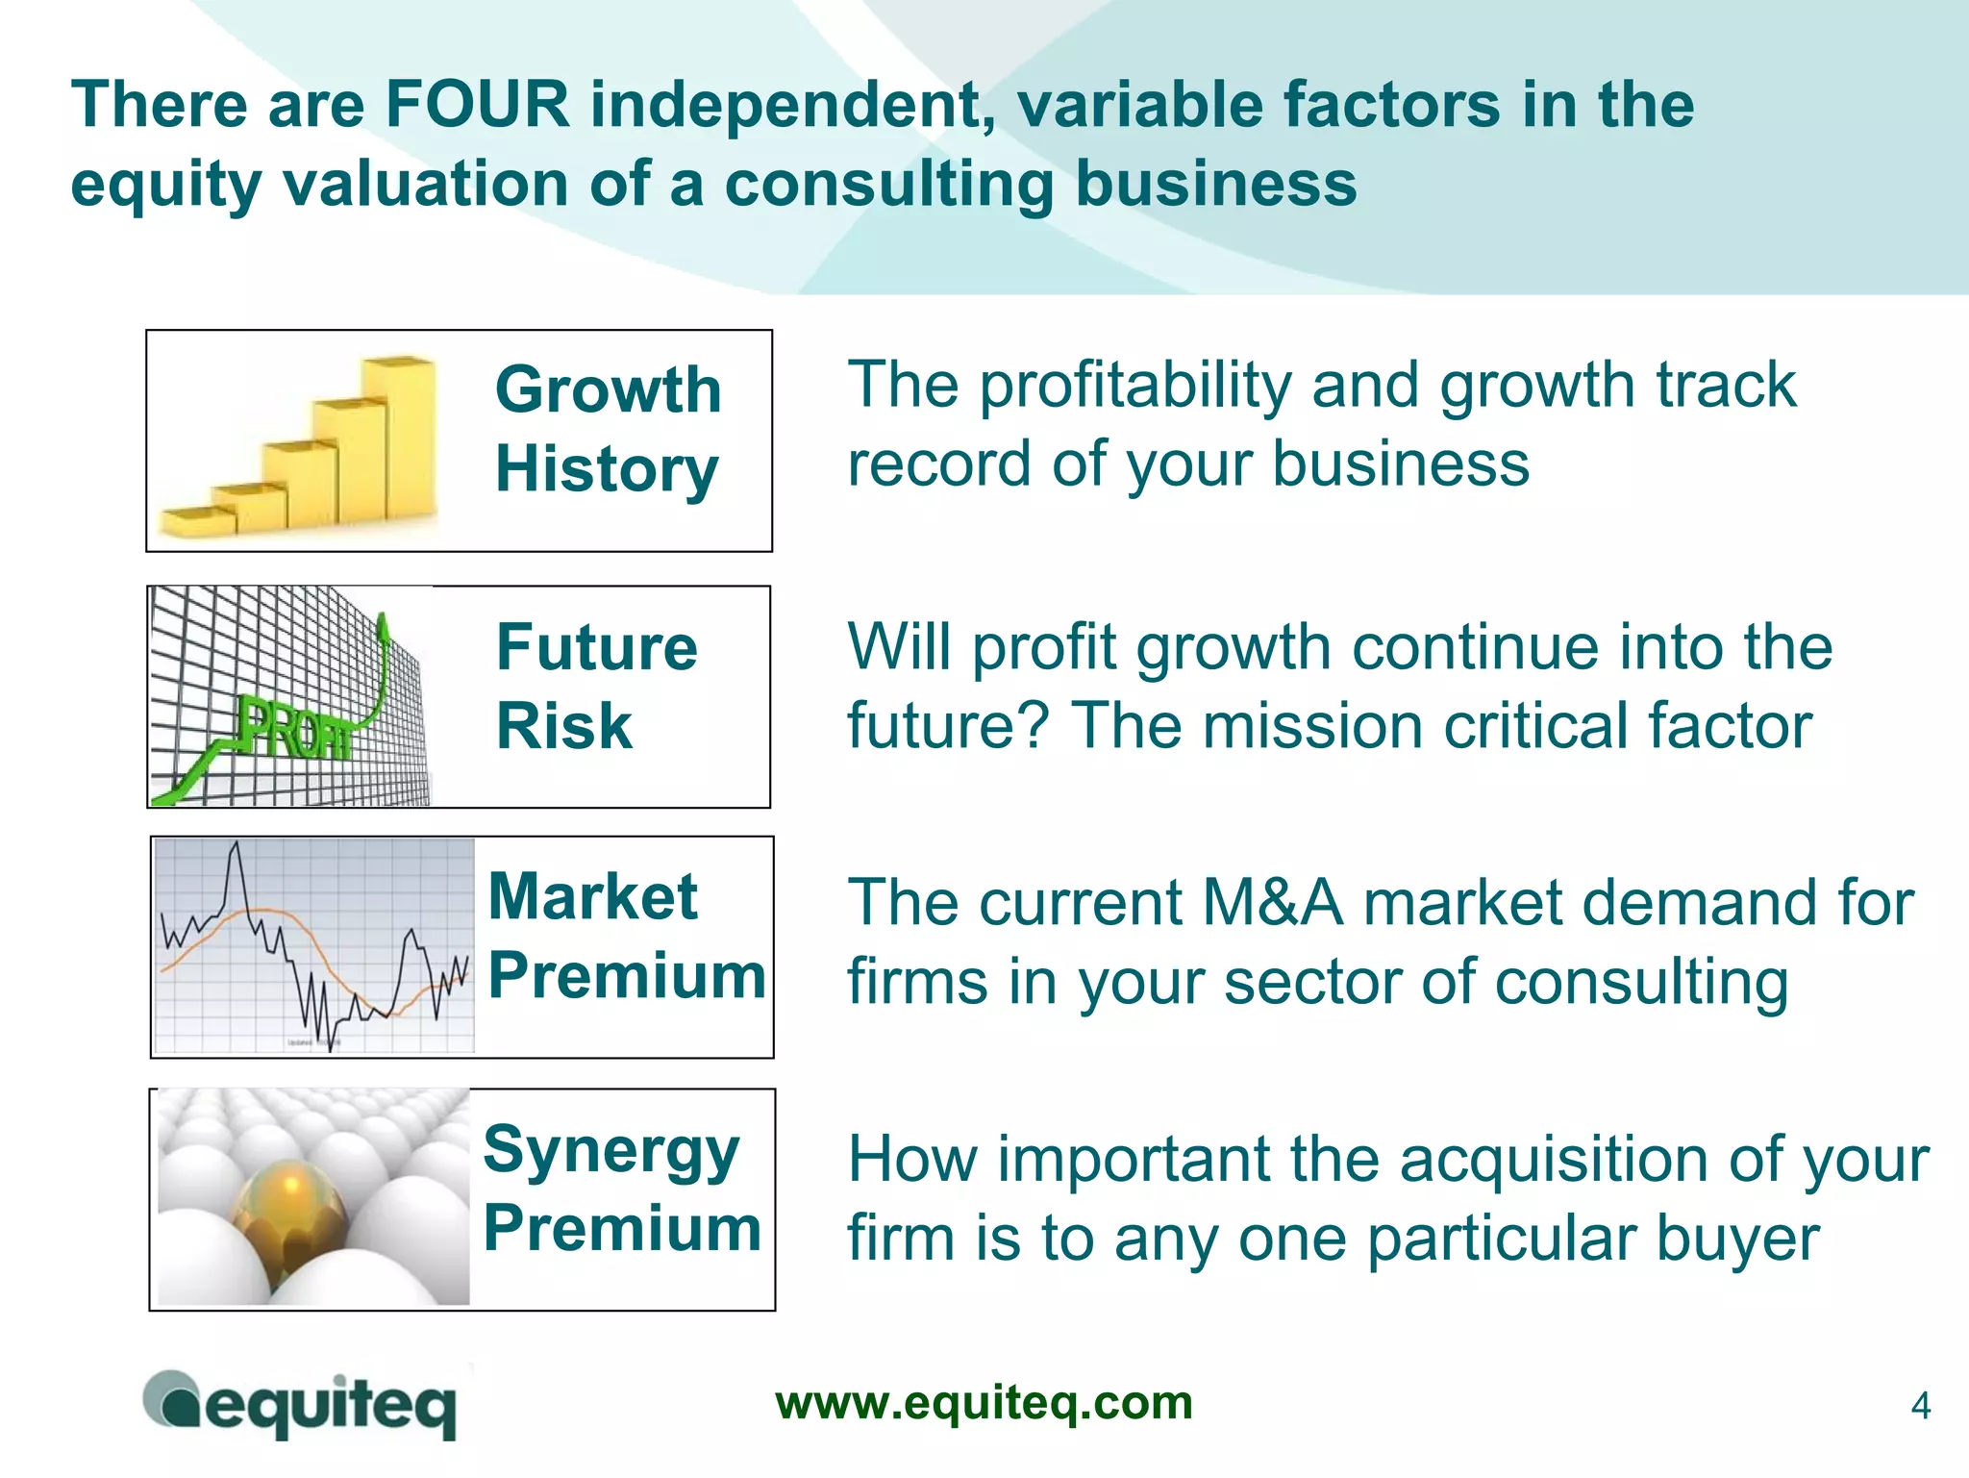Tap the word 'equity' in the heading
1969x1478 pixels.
click(165, 185)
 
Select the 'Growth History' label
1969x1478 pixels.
click(608, 429)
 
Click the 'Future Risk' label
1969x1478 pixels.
click(596, 686)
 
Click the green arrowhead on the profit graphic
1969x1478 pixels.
click(384, 629)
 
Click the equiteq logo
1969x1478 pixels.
click(300, 1405)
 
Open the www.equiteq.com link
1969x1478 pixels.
click(984, 1403)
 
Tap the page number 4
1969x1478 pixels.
click(1920, 1407)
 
